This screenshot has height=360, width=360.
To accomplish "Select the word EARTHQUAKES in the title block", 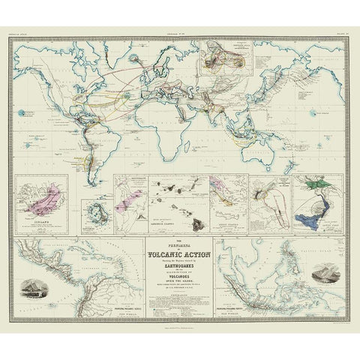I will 180,263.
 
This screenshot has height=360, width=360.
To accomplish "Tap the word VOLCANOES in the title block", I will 180,275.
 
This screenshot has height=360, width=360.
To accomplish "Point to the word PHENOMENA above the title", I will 180,244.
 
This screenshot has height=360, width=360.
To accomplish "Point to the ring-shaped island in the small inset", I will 95,209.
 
